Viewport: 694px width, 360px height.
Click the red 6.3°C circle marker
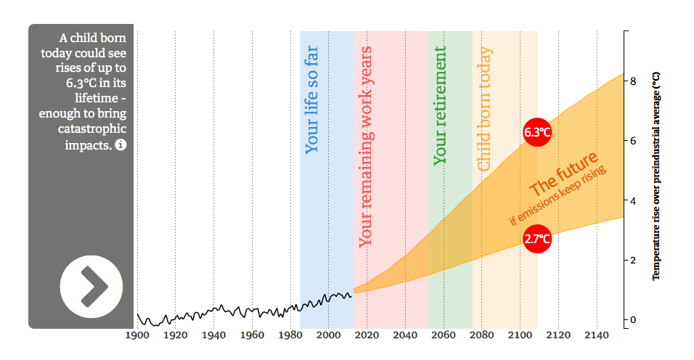point(537,132)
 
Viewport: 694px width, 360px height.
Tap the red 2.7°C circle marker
point(537,238)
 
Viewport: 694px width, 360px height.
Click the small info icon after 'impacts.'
point(121,145)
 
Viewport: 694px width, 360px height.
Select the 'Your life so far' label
point(311,101)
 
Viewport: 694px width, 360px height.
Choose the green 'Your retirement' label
point(440,106)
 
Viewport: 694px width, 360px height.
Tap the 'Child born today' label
point(484,110)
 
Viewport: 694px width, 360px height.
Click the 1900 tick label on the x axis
point(136,335)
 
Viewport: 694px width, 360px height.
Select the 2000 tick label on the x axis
point(328,335)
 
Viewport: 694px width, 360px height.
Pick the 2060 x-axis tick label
point(443,335)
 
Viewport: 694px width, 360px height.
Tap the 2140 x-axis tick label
point(596,335)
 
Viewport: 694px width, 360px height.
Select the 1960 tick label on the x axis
point(251,335)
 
